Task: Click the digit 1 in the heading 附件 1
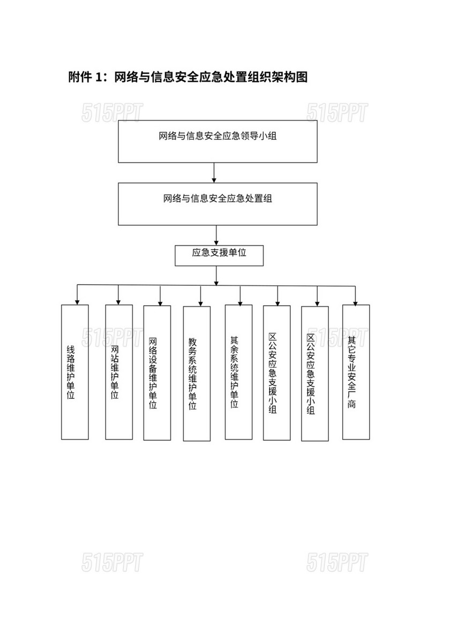(x=98, y=77)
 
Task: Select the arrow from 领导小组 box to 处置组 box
(x=214, y=173)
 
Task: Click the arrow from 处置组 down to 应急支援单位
(x=216, y=235)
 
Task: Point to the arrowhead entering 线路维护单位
(x=77, y=302)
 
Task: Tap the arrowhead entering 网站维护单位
(x=118, y=302)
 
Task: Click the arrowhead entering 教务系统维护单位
(x=200, y=304)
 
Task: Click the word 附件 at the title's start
(x=80, y=77)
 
